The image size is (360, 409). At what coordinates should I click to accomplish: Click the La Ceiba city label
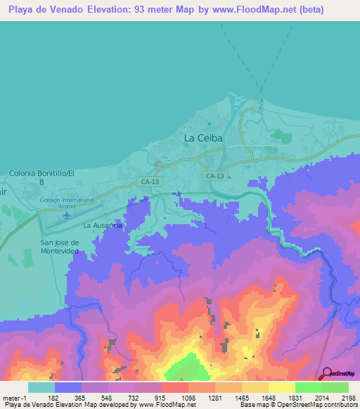203,138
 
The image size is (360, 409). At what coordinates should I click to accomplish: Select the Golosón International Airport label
67,203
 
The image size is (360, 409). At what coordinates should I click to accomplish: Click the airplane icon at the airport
66,215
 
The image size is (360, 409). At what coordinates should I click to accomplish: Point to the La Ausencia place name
103,226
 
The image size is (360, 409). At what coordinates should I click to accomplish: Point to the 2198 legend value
349,398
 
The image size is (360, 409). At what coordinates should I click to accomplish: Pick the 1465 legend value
242,398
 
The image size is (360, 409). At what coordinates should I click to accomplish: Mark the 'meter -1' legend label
13,398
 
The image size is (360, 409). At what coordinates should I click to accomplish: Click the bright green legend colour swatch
308,387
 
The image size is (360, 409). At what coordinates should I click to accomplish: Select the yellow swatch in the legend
281,387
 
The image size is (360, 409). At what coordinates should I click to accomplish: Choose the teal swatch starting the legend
41,387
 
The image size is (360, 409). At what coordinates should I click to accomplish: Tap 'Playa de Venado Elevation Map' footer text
53,405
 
